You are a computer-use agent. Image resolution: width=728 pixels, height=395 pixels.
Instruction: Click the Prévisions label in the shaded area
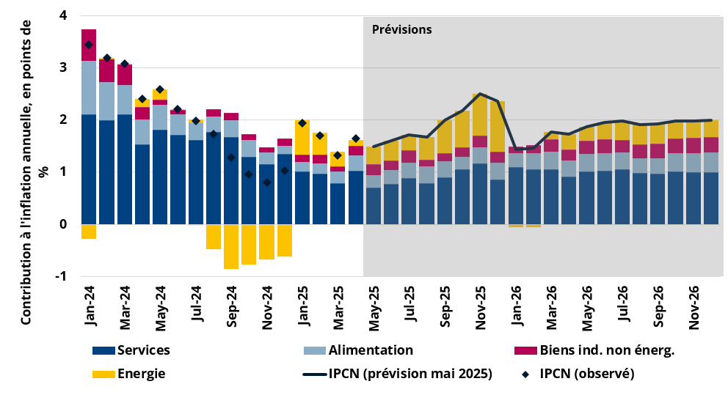[x=401, y=30]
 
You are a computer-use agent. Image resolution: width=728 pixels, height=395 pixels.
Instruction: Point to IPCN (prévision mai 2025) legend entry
[x=397, y=374]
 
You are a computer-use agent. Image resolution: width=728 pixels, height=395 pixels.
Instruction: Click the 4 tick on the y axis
[x=62, y=15]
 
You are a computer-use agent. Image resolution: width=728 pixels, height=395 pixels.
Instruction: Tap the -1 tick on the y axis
[x=61, y=276]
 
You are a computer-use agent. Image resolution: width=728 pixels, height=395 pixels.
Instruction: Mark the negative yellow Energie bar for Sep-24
[x=231, y=246]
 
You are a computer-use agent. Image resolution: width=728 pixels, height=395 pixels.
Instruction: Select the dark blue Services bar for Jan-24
[x=89, y=169]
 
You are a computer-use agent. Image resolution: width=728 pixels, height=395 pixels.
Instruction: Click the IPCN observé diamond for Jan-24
[x=89, y=45]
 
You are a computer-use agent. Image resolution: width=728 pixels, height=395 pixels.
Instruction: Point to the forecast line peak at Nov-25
[x=480, y=94]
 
